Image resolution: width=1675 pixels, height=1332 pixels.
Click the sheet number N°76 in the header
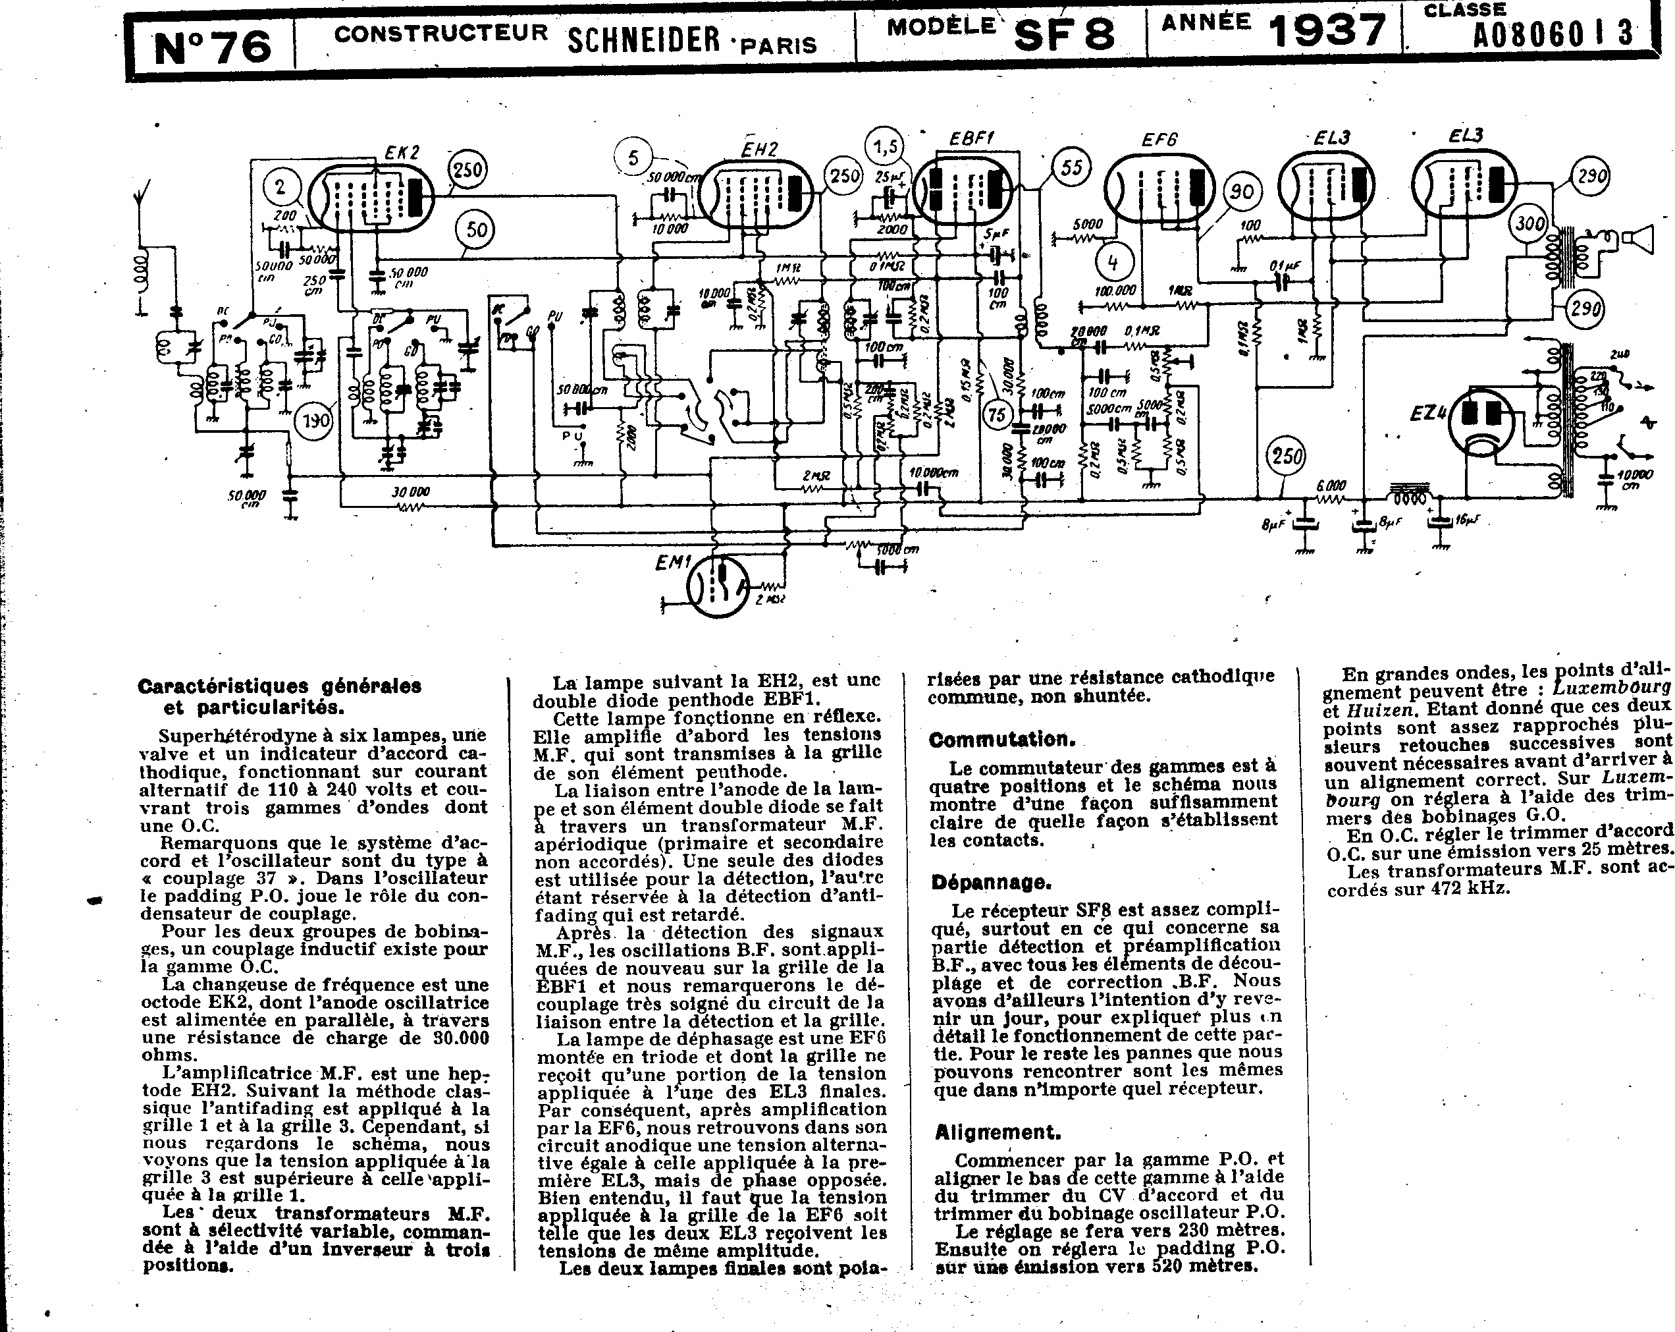[x=212, y=47]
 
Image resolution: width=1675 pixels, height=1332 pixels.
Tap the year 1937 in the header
[x=1327, y=31]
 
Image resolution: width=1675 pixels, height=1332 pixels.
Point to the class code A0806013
[x=1553, y=34]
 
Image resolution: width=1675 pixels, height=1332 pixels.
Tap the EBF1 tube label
[x=971, y=138]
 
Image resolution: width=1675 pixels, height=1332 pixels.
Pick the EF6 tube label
[x=1159, y=140]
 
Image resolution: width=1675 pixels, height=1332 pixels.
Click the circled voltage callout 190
[x=315, y=421]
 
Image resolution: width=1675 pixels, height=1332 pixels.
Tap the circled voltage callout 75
[x=997, y=414]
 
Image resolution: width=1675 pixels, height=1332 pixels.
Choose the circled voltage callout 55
[x=1071, y=168]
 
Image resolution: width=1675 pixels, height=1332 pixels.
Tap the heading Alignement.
[x=997, y=1132]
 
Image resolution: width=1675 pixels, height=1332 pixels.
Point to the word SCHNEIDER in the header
[x=643, y=39]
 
